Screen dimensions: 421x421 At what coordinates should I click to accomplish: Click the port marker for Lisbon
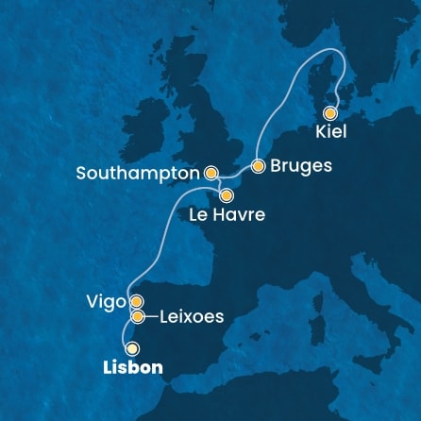click(132, 348)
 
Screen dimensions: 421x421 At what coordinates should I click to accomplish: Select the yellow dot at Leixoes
click(138, 316)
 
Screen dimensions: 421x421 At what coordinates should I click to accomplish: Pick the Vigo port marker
click(136, 302)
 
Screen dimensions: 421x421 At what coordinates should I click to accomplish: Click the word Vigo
click(105, 302)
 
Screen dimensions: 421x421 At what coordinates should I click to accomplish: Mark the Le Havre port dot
click(227, 196)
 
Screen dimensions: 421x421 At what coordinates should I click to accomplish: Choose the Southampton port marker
click(211, 174)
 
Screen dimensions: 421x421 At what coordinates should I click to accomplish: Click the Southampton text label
click(139, 174)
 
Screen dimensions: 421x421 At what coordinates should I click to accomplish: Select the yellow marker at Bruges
click(257, 166)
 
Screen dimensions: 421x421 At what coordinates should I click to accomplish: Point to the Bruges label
click(300, 166)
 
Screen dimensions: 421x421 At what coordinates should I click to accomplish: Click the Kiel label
click(331, 131)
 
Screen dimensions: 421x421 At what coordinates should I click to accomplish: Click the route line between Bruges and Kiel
click(297, 104)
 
